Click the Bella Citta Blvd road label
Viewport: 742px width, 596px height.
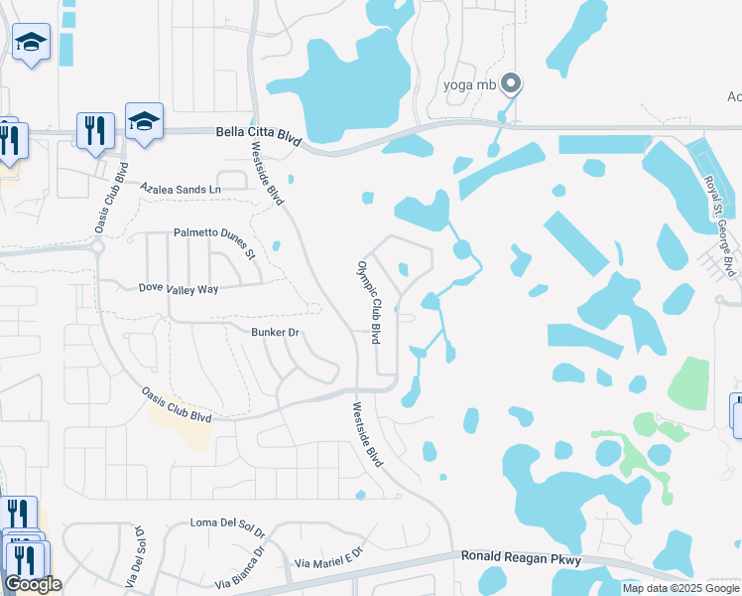(257, 132)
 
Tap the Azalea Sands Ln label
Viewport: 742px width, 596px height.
(180, 188)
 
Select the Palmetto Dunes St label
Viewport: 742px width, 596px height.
(215, 239)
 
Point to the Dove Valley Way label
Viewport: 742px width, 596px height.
(178, 288)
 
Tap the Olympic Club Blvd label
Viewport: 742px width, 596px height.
(369, 303)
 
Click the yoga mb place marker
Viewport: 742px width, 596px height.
(511, 83)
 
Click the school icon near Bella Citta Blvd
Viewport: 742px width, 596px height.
(144, 121)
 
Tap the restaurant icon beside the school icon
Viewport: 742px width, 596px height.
(95, 130)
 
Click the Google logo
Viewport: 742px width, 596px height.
(33, 584)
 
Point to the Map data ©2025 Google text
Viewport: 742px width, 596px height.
(680, 588)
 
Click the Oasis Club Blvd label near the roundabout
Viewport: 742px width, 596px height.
(110, 200)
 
